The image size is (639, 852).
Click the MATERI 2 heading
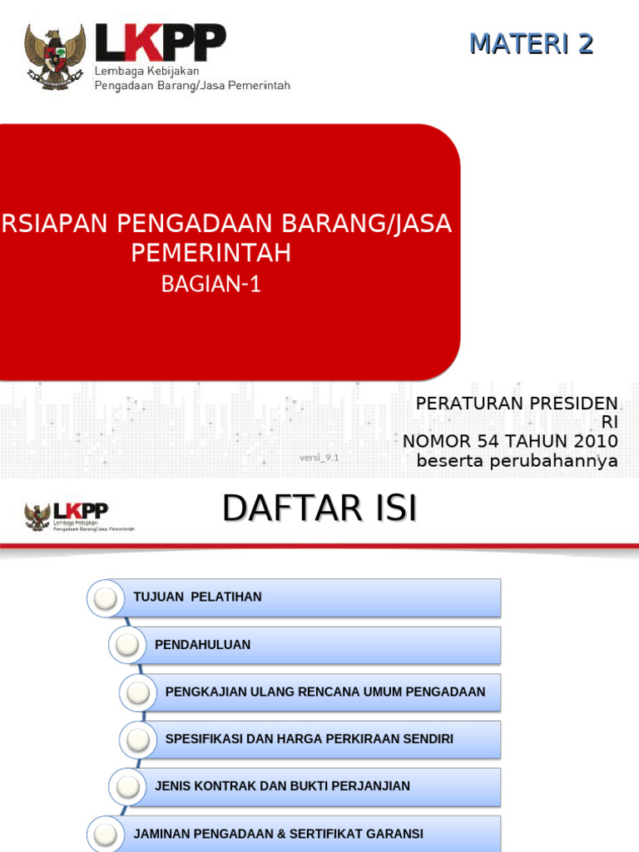coord(531,43)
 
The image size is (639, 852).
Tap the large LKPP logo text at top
coord(160,44)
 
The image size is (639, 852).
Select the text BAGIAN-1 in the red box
coord(211,285)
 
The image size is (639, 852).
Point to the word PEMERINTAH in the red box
coord(211,253)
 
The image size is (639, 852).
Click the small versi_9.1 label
coord(319,458)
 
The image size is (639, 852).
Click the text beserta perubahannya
coord(517,460)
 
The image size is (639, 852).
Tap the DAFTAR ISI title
coord(319,508)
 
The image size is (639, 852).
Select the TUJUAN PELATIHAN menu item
coord(197,597)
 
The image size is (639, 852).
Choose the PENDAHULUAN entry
coord(202,645)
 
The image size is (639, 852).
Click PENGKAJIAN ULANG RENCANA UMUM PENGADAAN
coord(325,692)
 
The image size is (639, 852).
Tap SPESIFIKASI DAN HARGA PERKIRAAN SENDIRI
coord(310,739)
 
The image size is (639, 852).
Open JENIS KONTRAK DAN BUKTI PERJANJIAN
coord(282,786)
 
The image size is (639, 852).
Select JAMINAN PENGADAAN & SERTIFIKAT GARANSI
coord(278,834)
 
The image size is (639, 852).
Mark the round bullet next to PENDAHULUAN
coord(127,645)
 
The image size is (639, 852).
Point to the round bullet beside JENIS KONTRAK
coord(127,786)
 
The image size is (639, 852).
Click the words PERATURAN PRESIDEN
coord(517,404)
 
